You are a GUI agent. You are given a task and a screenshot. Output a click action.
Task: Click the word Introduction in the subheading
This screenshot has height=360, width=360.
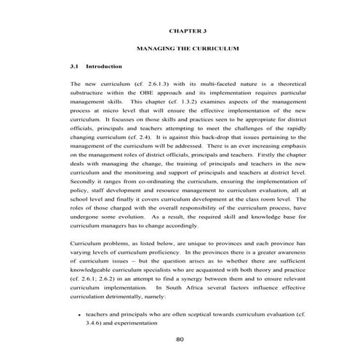107,65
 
